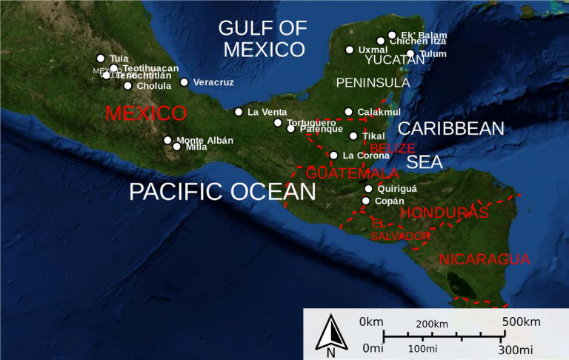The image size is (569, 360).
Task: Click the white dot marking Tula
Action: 101,59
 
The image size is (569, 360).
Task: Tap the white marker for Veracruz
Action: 184,82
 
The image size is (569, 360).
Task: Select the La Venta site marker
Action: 239,112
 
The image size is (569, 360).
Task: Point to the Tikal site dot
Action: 353,136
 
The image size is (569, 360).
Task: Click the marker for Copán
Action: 366,201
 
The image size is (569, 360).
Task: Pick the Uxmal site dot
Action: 350,50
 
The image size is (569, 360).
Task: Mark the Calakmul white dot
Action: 348,112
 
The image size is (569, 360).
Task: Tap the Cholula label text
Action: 154,86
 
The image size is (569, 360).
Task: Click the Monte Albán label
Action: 204,140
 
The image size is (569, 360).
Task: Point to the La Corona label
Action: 366,156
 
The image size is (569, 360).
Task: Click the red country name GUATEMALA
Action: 353,173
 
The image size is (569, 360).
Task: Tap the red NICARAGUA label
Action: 485,259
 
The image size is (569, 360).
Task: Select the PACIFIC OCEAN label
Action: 222,192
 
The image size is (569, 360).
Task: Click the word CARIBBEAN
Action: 451,128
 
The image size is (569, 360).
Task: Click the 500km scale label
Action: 522,321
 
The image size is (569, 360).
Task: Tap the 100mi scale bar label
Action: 422,348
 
